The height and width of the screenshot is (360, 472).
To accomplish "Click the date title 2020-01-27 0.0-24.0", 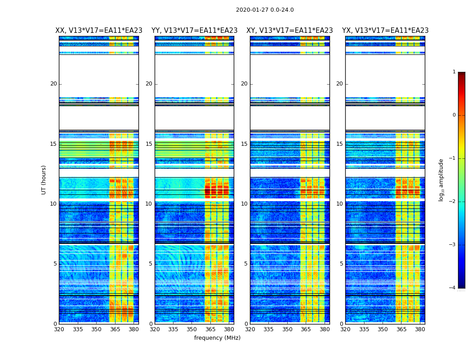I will [265, 10].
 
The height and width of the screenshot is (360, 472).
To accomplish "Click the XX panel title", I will [99, 31].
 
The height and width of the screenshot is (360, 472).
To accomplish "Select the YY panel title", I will [194, 31].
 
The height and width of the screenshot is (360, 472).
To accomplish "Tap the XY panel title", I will [289, 31].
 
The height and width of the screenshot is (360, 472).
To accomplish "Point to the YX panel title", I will [385, 31].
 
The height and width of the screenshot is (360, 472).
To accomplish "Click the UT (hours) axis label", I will [44, 180].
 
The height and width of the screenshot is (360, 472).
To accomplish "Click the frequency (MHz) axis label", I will [217, 338].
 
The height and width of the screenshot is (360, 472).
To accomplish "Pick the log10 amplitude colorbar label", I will [441, 180].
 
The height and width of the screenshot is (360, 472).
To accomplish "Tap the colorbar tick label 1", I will [454, 72].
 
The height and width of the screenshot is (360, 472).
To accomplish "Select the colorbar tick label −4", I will [453, 288].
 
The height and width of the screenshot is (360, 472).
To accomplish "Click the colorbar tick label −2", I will [453, 202].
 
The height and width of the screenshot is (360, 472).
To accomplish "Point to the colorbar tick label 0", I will [454, 115].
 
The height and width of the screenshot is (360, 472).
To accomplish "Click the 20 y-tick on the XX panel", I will [53, 84].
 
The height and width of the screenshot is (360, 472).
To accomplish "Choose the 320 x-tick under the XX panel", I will [59, 329].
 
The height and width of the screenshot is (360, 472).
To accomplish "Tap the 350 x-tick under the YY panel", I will [192, 329].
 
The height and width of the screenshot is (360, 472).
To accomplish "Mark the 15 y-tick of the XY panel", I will [244, 144].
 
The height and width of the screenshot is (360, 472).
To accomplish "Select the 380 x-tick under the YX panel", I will [420, 329].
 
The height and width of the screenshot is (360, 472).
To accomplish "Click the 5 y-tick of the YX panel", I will [341, 264].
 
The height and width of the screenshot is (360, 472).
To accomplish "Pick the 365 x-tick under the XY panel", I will [306, 329].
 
